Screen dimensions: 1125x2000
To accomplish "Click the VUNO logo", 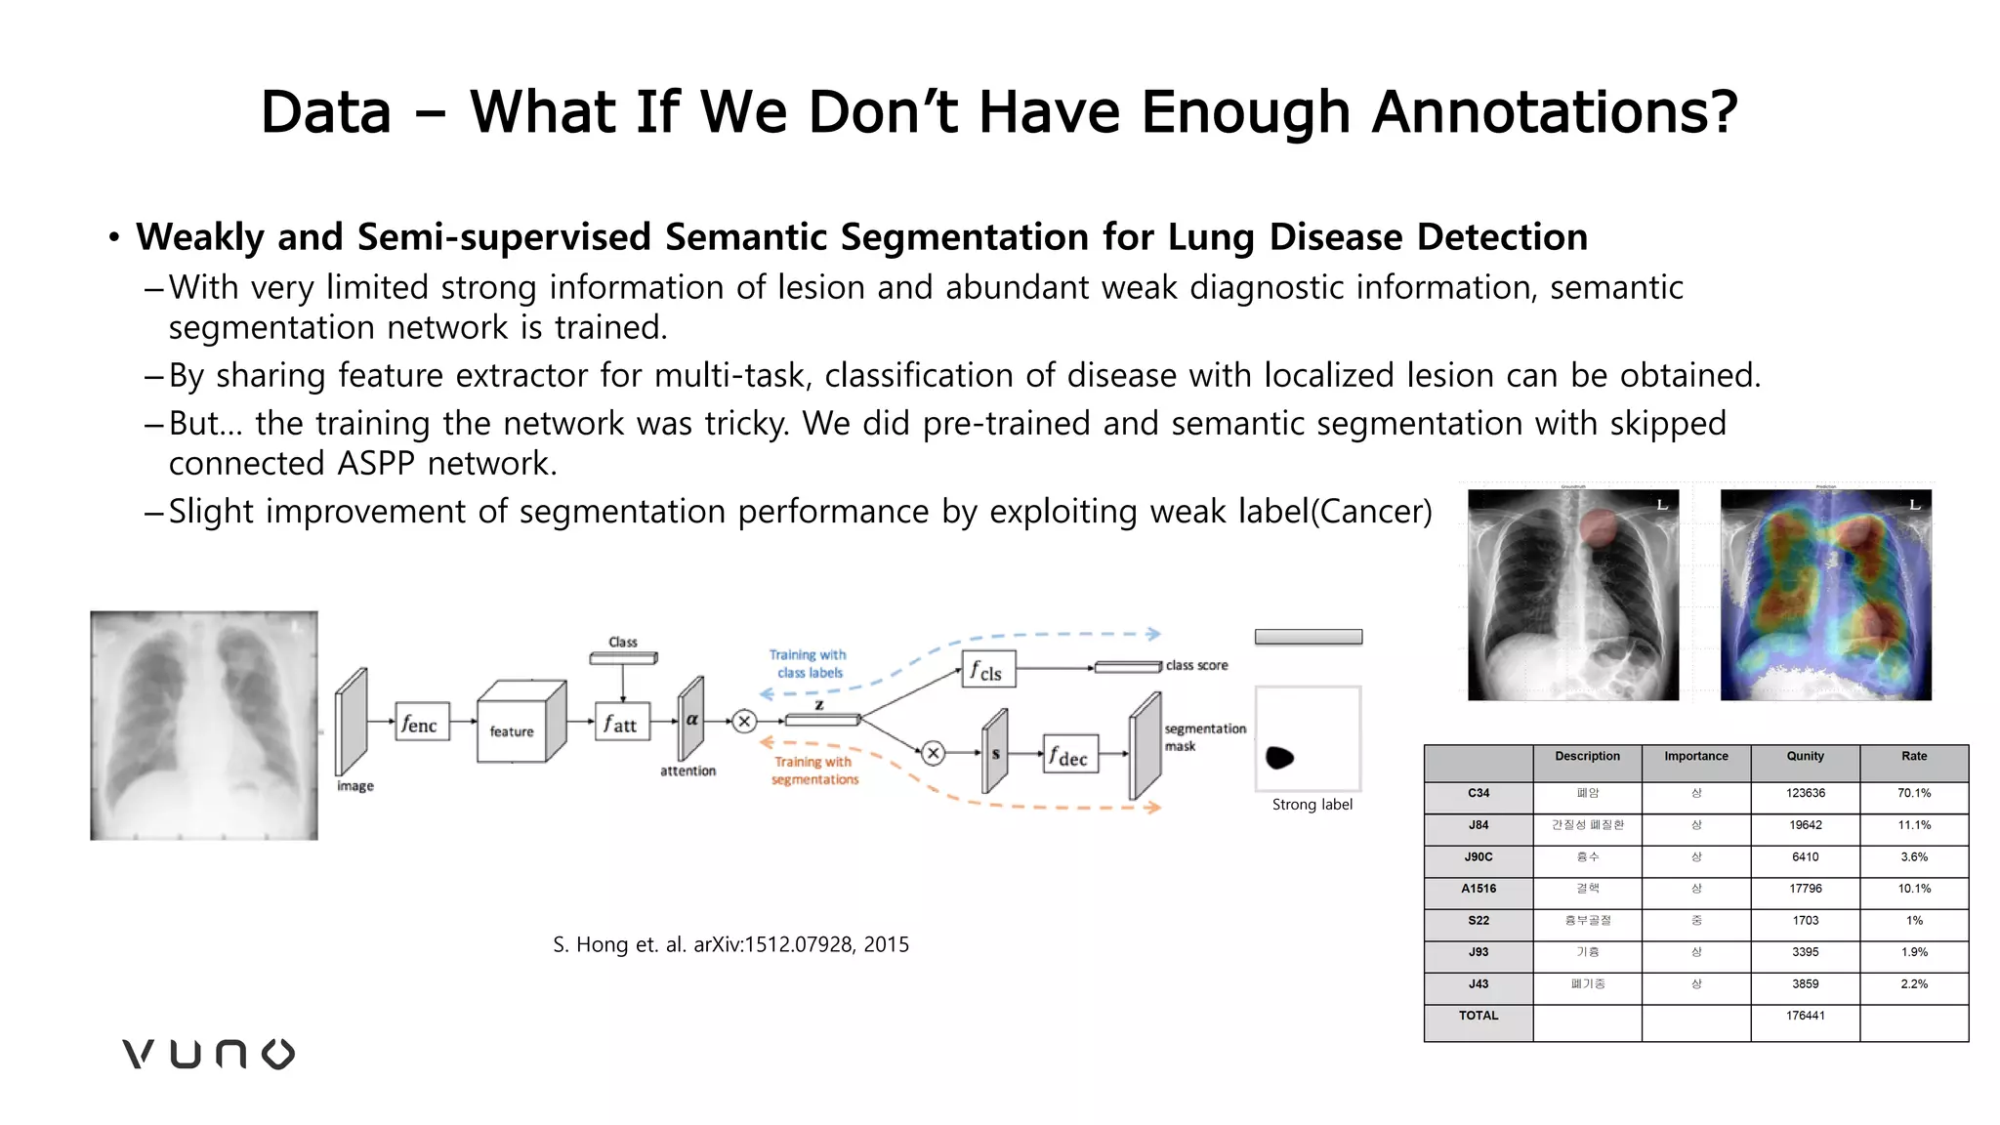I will pyautogui.click(x=208, y=1054).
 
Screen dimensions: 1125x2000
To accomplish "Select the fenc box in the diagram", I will pyautogui.click(x=422, y=723).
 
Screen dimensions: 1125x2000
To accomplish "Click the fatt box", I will pyautogui.click(x=621, y=723).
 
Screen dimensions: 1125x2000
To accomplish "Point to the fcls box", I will pyautogui.click(x=987, y=670).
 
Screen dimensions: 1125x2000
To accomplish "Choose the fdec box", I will pyautogui.click(x=1069, y=755).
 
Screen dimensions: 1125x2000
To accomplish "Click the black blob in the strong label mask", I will pyautogui.click(x=1279, y=757).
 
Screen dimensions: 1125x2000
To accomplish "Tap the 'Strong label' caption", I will pyautogui.click(x=1312, y=805).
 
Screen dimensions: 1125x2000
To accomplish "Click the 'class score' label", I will pyautogui.click(x=1196, y=665).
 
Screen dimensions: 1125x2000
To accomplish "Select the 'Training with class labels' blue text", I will pyautogui.click(x=808, y=663).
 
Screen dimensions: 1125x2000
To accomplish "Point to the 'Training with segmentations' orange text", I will pyautogui.click(x=814, y=771).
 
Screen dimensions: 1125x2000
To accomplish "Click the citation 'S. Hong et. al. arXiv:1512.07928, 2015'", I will pyautogui.click(x=730, y=944).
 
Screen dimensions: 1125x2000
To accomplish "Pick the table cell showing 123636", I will pyautogui.click(x=1805, y=793).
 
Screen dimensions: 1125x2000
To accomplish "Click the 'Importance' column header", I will pyautogui.click(x=1695, y=756).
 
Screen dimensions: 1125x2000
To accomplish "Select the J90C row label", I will pyautogui.click(x=1478, y=856).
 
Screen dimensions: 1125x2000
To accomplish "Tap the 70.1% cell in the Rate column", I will pyautogui.click(x=1913, y=793).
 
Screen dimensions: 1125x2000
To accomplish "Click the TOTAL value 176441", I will pyautogui.click(x=1805, y=1016).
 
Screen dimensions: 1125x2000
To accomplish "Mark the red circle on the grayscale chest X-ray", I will pyautogui.click(x=1600, y=527).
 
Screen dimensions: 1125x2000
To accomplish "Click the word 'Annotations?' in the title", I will pyautogui.click(x=1555, y=111).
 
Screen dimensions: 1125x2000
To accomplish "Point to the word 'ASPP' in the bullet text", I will pyautogui.click(x=376, y=463).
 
